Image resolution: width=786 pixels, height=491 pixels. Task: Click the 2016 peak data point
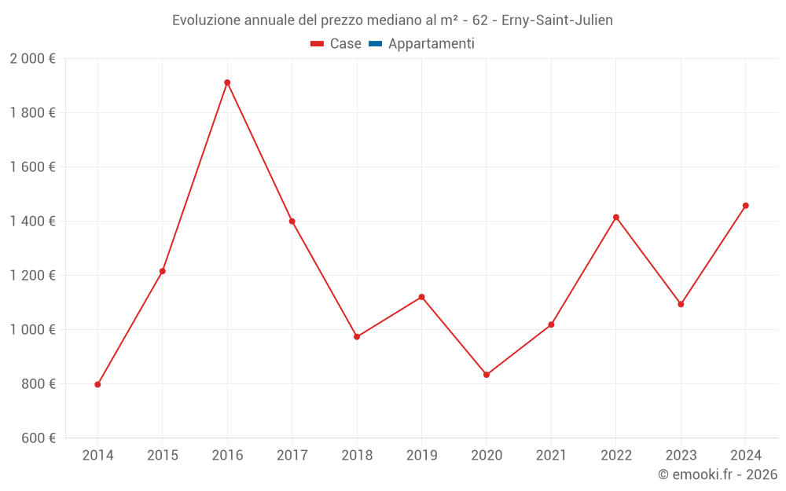point(227,82)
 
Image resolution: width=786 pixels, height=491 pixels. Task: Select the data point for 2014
point(97,384)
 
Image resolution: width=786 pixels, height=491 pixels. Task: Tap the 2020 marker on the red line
point(487,375)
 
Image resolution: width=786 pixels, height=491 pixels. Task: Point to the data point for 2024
point(746,206)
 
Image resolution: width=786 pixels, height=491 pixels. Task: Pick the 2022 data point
point(616,217)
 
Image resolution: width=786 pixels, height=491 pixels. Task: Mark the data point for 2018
point(357,336)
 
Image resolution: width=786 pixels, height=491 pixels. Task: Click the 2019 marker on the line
point(421,297)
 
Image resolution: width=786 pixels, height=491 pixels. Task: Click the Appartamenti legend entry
point(431,44)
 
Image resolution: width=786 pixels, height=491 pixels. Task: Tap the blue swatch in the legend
point(375,44)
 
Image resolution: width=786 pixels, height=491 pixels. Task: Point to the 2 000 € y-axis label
point(32,59)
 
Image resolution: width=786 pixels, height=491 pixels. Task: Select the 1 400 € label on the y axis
point(32,222)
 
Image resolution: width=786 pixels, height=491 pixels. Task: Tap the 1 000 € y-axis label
point(32,329)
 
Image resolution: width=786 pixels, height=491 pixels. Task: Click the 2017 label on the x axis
point(292,456)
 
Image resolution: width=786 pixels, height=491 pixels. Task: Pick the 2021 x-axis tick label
point(551,456)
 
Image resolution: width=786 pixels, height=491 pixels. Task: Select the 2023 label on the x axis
point(681,456)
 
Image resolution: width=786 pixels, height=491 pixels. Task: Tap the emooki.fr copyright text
point(718,475)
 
